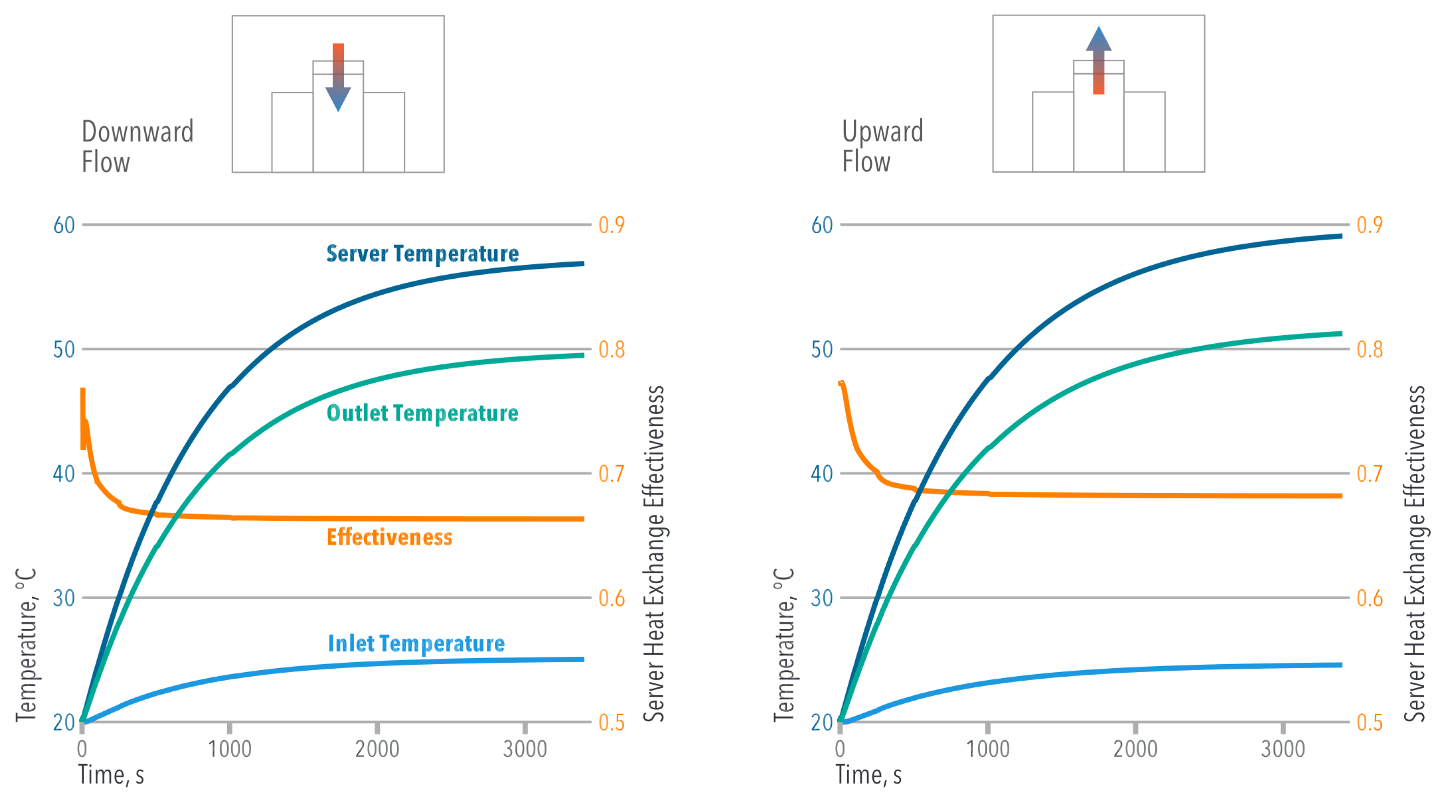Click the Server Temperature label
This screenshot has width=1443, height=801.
(422, 254)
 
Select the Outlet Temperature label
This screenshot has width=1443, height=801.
(422, 413)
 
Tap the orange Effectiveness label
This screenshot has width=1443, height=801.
(389, 537)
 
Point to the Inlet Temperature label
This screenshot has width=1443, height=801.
(416, 644)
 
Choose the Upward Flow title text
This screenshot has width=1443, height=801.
(882, 146)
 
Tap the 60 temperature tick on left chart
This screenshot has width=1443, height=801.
(64, 225)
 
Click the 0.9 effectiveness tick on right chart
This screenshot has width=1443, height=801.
(1370, 225)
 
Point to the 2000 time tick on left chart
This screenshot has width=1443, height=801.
(377, 749)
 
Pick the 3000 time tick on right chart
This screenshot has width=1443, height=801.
(1283, 749)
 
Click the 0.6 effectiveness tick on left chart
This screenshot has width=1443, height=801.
(612, 598)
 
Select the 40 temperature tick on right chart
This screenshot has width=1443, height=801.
(822, 474)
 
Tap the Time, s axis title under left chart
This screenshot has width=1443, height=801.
(111, 775)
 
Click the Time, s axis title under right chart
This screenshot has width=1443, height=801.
(869, 775)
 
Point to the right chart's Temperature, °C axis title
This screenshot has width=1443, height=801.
(784, 645)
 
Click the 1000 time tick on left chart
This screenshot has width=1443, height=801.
(230, 749)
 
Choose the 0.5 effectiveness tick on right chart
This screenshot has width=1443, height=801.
(1370, 723)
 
